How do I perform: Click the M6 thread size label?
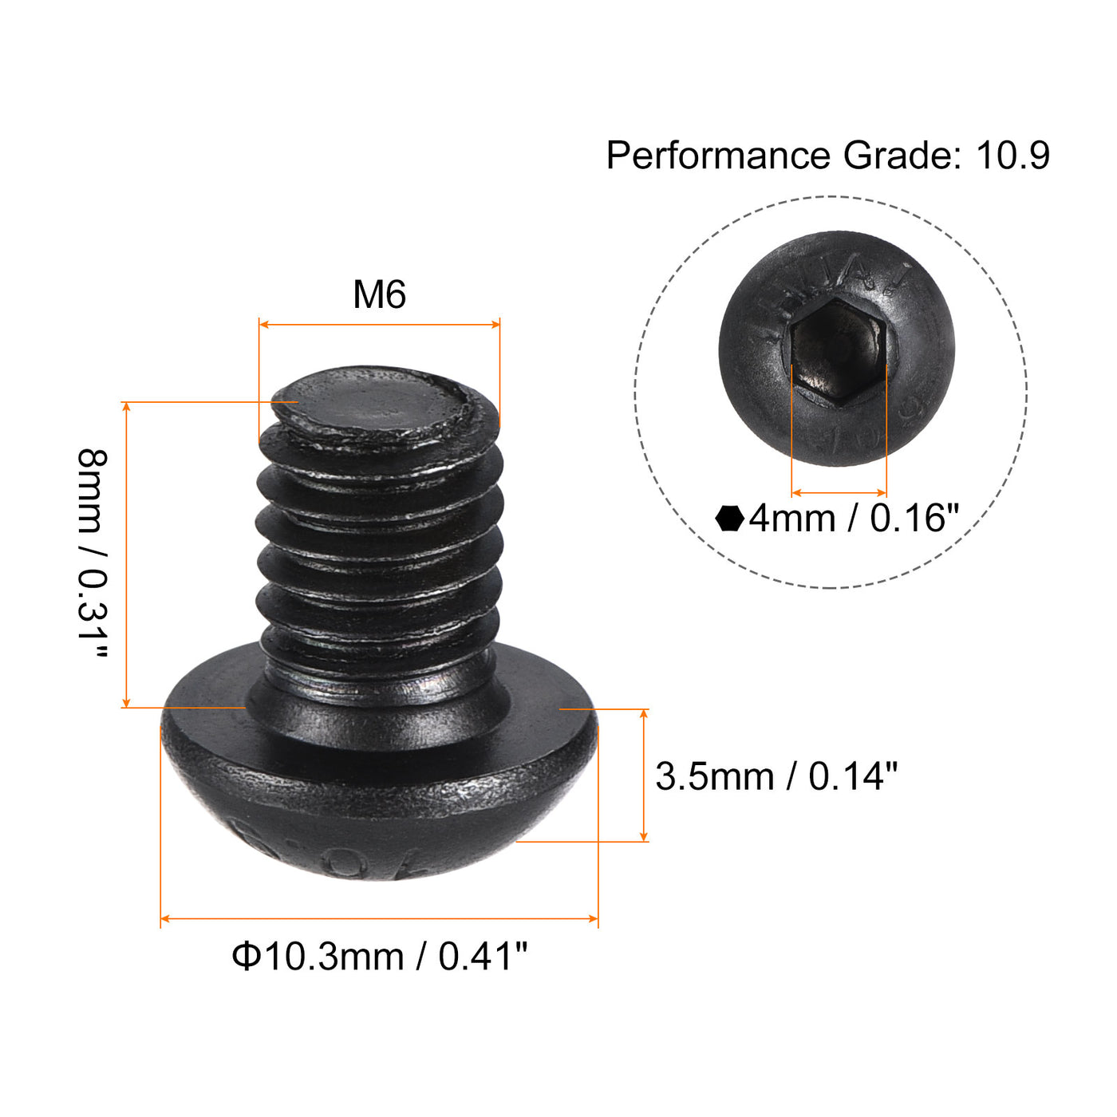pos(379,294)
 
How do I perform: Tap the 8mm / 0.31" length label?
pos(92,555)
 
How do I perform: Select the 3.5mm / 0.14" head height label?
pos(776,776)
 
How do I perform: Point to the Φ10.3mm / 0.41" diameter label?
pos(380,956)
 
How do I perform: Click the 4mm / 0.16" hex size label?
pos(853,519)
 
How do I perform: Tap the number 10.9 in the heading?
pos(1012,156)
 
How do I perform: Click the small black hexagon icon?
pos(729,519)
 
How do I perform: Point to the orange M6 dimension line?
pos(379,324)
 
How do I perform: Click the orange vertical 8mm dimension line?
pos(126,555)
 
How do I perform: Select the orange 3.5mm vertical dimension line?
pos(644,775)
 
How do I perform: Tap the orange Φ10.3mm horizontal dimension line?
pos(379,919)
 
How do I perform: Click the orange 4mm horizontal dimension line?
pos(839,493)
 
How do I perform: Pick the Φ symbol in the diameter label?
pos(246,956)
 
